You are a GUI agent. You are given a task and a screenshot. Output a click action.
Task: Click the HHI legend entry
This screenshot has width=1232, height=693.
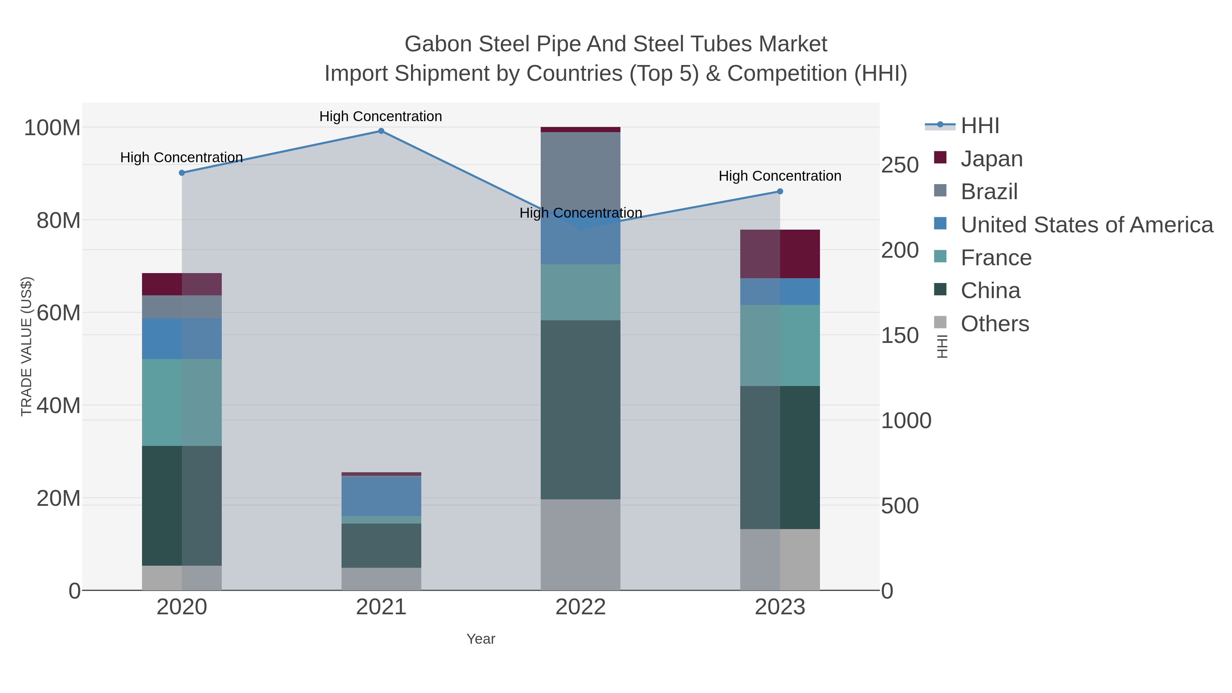[979, 126]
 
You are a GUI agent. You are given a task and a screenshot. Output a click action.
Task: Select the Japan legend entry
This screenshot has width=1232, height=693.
[991, 159]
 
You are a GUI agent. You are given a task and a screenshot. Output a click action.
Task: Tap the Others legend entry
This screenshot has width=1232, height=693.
[994, 324]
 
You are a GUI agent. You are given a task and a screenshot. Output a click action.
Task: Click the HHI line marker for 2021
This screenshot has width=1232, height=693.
[381, 131]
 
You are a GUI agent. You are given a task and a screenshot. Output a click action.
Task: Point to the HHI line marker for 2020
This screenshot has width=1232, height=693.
[182, 173]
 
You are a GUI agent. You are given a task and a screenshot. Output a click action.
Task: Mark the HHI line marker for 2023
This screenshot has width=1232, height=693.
[780, 191]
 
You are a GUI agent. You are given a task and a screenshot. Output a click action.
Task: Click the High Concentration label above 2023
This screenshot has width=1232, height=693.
[780, 176]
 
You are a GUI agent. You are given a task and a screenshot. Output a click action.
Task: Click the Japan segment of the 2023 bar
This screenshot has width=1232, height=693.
[780, 254]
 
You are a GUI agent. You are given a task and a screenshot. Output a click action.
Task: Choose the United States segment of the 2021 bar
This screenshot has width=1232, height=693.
[381, 496]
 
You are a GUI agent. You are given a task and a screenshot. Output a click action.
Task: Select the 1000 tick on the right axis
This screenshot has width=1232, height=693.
[906, 421]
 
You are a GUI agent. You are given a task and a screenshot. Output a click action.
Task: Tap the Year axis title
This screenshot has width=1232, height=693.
[481, 639]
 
